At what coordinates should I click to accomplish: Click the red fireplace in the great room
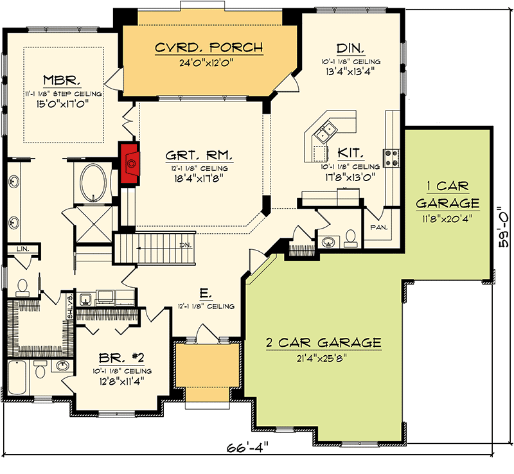pos(131,164)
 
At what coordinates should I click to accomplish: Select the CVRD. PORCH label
pos(200,48)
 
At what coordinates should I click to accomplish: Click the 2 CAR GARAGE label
pos(324,342)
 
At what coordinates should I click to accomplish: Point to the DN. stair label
pos(185,245)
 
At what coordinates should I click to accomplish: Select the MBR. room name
pos(62,80)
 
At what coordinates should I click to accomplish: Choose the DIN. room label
pos(351,48)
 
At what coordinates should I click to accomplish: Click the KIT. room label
pos(351,154)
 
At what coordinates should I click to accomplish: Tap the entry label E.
pos(205,294)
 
